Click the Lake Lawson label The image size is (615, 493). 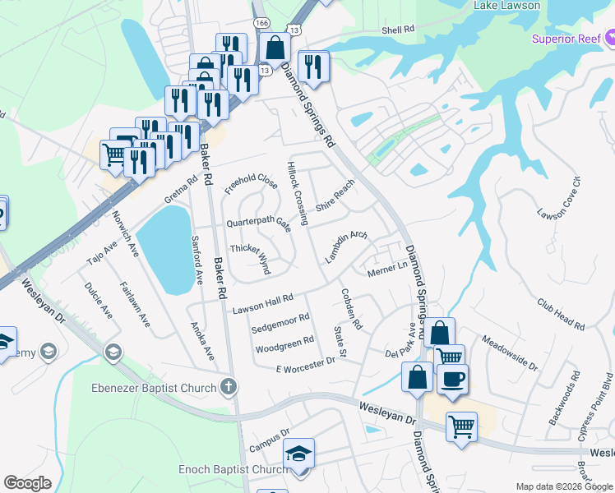[506, 6]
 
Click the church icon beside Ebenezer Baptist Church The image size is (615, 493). [228, 386]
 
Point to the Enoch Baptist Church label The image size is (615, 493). [234, 470]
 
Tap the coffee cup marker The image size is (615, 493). [451, 379]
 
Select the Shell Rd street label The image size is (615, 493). [397, 30]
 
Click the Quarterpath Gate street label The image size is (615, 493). [259, 223]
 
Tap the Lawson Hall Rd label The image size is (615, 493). [262, 304]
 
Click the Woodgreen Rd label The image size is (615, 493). [284, 343]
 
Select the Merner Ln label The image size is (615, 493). [387, 270]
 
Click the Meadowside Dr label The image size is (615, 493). [510, 352]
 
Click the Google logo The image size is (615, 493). [28, 483]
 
